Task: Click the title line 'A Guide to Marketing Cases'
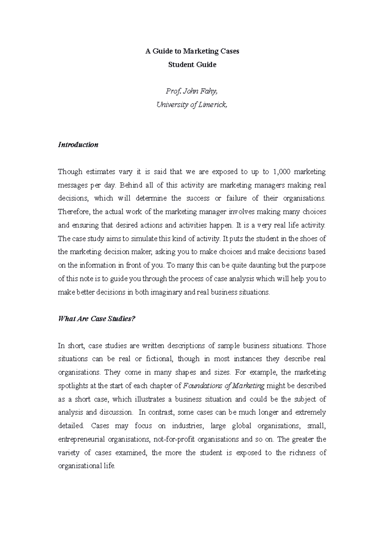coord(192,51)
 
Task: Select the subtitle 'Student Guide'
coord(192,65)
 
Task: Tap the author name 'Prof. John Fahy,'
coord(192,92)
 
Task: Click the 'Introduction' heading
coord(78,145)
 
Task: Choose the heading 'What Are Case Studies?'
coord(97,319)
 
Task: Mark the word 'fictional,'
coord(159,359)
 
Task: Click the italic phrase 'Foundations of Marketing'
coord(224,386)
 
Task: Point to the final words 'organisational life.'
coord(86,466)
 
